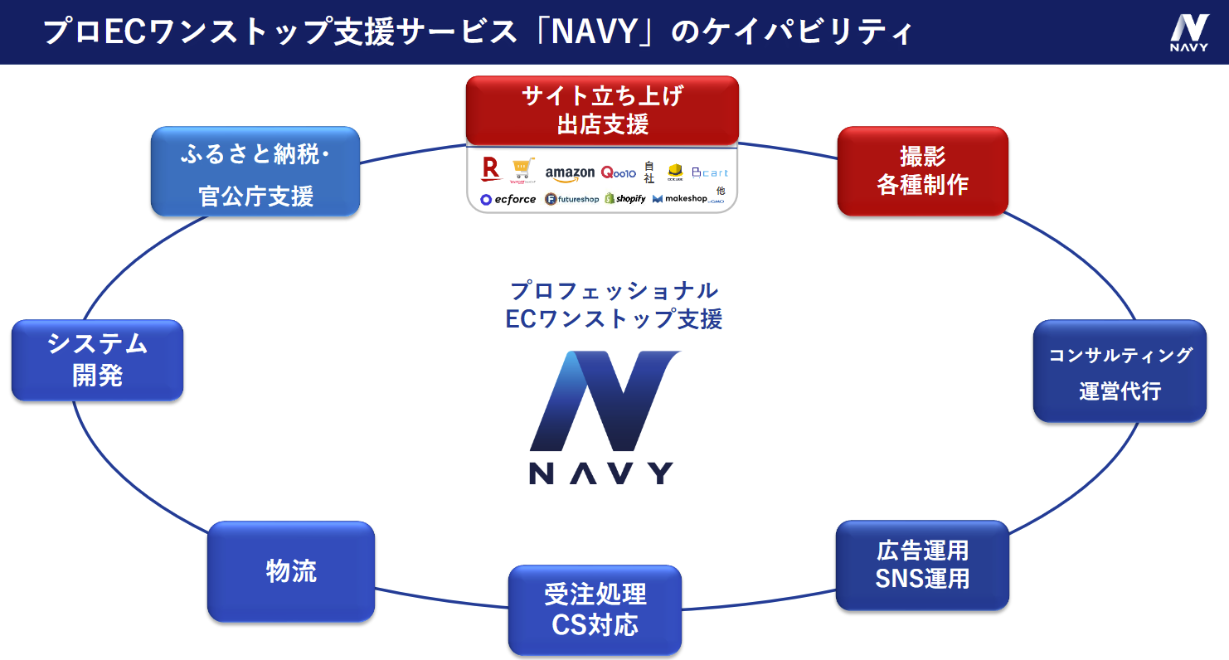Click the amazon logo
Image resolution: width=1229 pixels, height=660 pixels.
570,172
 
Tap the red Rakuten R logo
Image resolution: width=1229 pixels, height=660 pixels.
490,170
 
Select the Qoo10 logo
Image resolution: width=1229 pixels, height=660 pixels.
618,172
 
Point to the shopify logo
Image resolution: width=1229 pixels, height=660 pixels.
625,199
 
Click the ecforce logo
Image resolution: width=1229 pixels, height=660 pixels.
508,199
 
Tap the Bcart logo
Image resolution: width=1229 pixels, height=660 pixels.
709,172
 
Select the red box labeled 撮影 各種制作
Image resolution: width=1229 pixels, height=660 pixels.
922,171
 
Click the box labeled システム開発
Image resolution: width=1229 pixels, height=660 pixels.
97,360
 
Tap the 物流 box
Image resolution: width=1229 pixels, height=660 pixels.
291,571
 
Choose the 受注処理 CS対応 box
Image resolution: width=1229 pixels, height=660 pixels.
595,609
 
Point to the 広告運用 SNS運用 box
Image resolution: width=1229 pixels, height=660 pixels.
922,565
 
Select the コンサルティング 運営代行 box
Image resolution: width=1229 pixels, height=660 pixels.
1120,371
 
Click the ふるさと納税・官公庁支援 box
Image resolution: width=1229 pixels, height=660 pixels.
255,172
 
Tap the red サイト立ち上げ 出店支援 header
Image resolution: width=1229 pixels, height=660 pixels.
602,110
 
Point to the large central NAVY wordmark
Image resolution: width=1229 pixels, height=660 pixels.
601,472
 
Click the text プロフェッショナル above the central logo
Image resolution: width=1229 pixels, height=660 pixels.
614,291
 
